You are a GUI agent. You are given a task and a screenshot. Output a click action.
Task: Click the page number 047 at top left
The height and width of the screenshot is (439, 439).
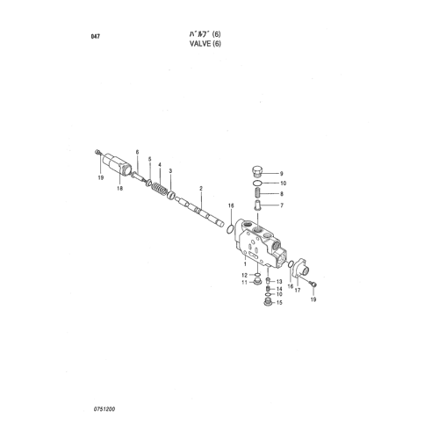pyautogui.click(x=96, y=37)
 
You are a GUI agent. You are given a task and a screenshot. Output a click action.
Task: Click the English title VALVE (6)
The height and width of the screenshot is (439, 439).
pyautogui.click(x=205, y=44)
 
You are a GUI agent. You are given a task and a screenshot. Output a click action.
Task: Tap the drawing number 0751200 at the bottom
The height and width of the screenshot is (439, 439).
pyautogui.click(x=104, y=409)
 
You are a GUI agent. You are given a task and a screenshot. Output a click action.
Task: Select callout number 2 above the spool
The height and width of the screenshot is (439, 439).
pyautogui.click(x=201, y=189)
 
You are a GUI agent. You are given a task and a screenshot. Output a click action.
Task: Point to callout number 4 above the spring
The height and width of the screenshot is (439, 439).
pyautogui.click(x=160, y=165)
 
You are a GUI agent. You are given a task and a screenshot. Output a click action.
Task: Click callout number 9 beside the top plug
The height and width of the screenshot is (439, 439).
pyautogui.click(x=282, y=174)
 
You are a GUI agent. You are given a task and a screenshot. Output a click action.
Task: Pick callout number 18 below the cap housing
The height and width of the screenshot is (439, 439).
pyautogui.click(x=120, y=188)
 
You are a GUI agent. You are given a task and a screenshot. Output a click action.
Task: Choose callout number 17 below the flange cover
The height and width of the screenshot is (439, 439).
pyautogui.click(x=298, y=291)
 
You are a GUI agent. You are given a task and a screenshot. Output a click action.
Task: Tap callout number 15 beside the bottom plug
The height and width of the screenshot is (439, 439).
pyautogui.click(x=279, y=302)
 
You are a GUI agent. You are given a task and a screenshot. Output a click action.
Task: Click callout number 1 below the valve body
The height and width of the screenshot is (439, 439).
pyautogui.click(x=245, y=263)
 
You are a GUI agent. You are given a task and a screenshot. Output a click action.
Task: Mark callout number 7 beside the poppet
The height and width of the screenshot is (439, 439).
pyautogui.click(x=282, y=205)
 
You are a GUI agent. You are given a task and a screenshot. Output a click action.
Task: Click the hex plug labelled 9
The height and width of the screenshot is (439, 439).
pyautogui.click(x=257, y=171)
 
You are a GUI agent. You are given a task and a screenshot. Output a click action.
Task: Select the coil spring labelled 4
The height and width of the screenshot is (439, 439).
pyautogui.click(x=161, y=190)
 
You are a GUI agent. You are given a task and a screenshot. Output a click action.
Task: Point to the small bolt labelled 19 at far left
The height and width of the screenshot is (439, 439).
pyautogui.click(x=97, y=152)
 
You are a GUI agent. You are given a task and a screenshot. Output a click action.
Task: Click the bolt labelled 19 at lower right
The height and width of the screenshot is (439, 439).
pyautogui.click(x=313, y=283)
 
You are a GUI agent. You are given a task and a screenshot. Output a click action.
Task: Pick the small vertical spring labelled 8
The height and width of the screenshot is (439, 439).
pyautogui.click(x=257, y=193)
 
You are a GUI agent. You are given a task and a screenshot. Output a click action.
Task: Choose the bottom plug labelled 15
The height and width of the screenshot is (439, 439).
pyautogui.click(x=267, y=302)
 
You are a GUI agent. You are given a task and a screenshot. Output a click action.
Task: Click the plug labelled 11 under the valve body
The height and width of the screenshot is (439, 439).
pyautogui.click(x=257, y=282)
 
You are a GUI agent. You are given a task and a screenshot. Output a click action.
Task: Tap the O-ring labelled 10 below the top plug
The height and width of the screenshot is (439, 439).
pyautogui.click(x=257, y=184)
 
